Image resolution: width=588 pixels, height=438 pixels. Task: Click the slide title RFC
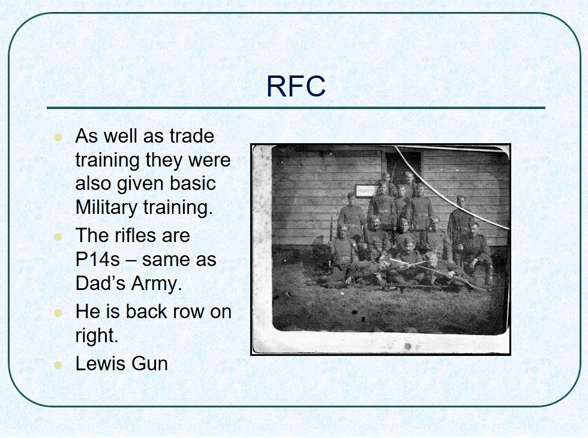pyautogui.click(x=295, y=86)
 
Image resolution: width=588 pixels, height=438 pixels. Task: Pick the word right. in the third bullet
pyautogui.click(x=97, y=336)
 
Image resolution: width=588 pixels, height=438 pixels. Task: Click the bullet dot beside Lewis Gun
pyautogui.click(x=58, y=365)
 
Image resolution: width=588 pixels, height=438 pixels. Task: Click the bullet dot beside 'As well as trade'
pyautogui.click(x=58, y=137)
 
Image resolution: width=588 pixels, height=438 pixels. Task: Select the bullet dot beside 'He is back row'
pyautogui.click(x=58, y=313)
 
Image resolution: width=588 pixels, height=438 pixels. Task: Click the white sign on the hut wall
pyautogui.click(x=367, y=191)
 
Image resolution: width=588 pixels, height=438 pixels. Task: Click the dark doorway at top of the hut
pyautogui.click(x=403, y=165)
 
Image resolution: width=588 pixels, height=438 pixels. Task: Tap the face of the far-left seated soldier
pyautogui.click(x=343, y=231)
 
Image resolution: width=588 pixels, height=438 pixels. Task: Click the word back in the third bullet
pyautogui.click(x=146, y=312)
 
